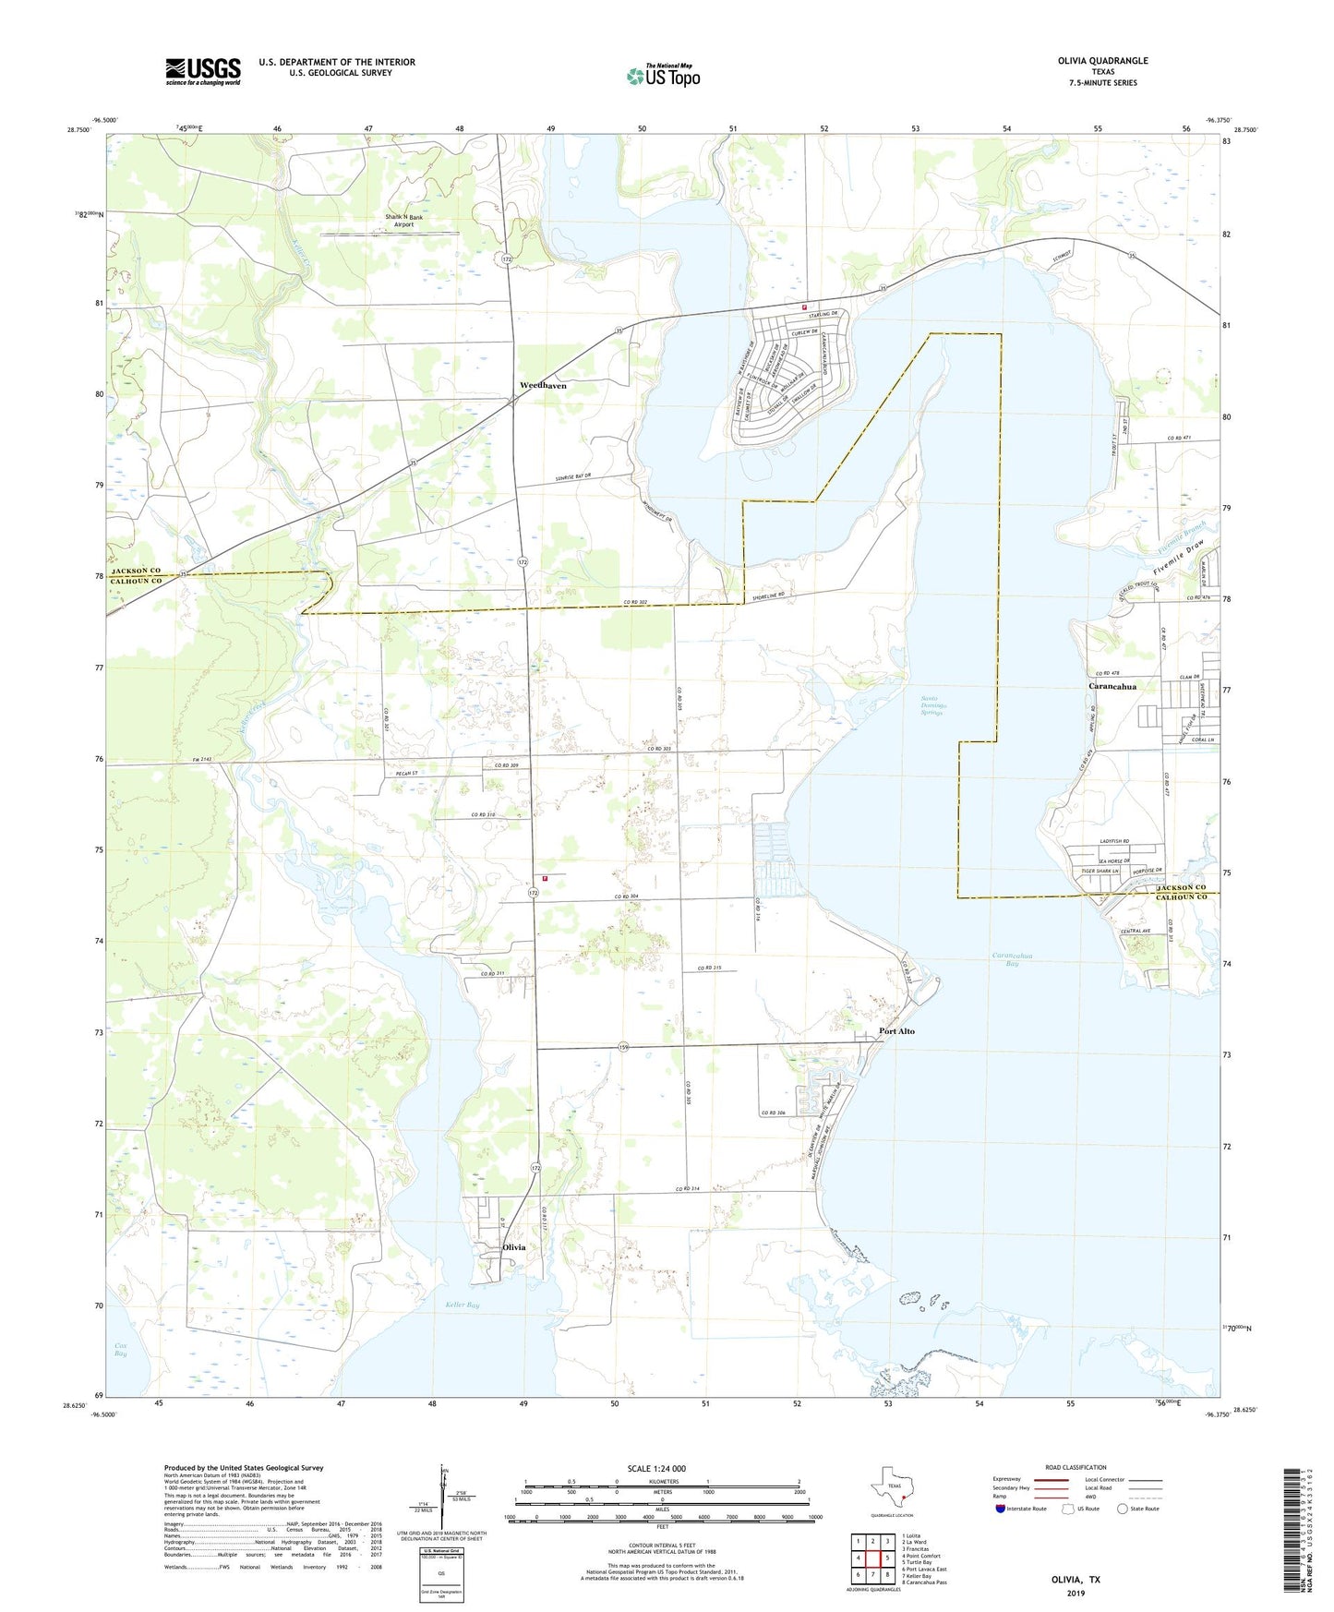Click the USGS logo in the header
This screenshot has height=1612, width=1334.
coord(203,70)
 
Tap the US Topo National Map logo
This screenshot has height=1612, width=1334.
coord(663,76)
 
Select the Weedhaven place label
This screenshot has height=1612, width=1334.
coord(543,385)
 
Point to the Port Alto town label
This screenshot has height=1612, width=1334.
coord(896,1030)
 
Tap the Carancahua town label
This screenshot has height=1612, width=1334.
coord(1112,686)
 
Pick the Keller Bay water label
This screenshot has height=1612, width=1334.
coord(462,1305)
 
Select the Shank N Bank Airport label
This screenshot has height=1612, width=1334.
coord(404,221)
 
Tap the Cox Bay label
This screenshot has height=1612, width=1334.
coord(120,1348)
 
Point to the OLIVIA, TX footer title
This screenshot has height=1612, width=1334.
coord(1076,1580)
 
